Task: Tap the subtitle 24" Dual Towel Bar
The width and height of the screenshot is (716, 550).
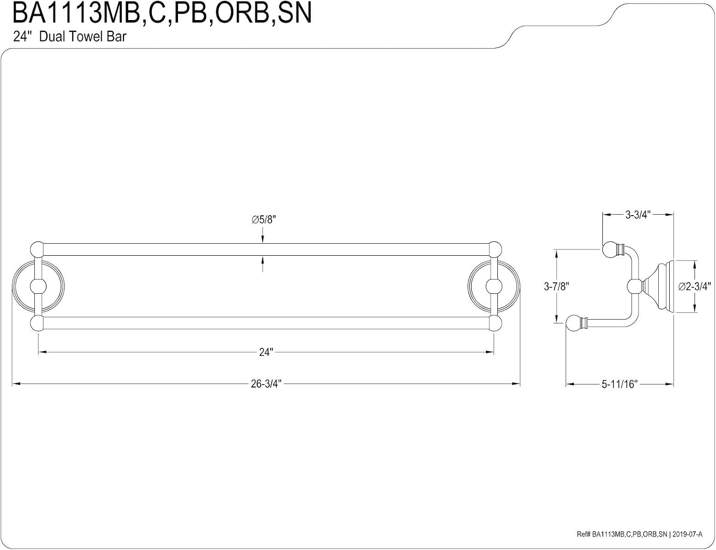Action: pos(70,37)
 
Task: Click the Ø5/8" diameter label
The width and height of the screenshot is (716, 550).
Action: pos(263,219)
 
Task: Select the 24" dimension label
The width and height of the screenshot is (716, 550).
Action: pos(266,352)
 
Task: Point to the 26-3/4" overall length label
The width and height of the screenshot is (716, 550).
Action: pos(266,384)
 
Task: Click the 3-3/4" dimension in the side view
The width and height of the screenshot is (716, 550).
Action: pos(638,215)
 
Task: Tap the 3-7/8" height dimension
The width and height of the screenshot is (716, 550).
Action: pos(557,286)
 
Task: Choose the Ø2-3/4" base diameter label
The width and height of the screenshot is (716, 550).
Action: pos(694,287)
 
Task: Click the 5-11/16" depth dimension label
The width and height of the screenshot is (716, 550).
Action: pos(620,384)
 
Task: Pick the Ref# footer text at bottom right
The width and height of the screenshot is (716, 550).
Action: pos(639,534)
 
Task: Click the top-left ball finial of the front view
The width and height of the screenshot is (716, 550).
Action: pos(37,249)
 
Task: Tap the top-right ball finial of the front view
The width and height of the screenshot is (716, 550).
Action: pos(495,249)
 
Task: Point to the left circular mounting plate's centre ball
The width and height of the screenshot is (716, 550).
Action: pos(38,286)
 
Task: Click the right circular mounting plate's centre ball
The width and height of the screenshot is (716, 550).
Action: pos(494,286)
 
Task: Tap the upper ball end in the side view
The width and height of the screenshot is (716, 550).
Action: pos(610,250)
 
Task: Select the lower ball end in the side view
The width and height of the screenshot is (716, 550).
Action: pos(574,323)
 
